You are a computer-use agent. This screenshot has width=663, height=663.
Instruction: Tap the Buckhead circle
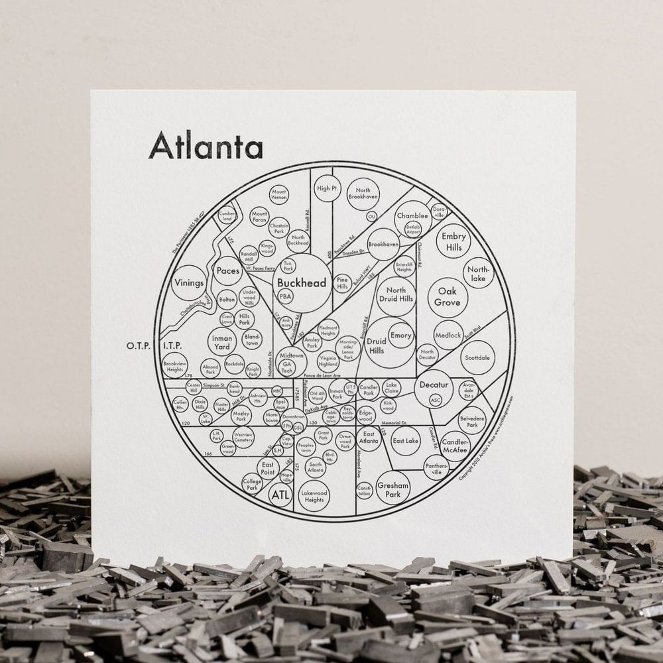tap(302, 284)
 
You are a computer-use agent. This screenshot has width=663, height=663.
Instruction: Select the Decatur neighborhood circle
tap(434, 387)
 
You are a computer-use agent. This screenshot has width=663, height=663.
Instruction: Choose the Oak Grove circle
tap(447, 297)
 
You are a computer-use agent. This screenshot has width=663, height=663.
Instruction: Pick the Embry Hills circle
tap(453, 242)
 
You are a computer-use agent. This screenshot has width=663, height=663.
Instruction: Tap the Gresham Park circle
tap(393, 489)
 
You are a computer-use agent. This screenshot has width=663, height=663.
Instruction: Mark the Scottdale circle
tap(477, 357)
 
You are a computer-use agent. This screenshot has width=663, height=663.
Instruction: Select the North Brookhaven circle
tap(363, 193)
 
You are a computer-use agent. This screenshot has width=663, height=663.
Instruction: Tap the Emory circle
tap(400, 335)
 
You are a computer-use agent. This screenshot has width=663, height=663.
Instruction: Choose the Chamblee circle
tap(412, 217)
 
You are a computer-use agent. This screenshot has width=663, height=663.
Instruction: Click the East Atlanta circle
tap(369, 439)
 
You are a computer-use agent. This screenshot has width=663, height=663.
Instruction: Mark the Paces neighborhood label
tap(227, 271)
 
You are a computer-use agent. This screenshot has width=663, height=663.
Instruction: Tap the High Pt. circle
tap(327, 188)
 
